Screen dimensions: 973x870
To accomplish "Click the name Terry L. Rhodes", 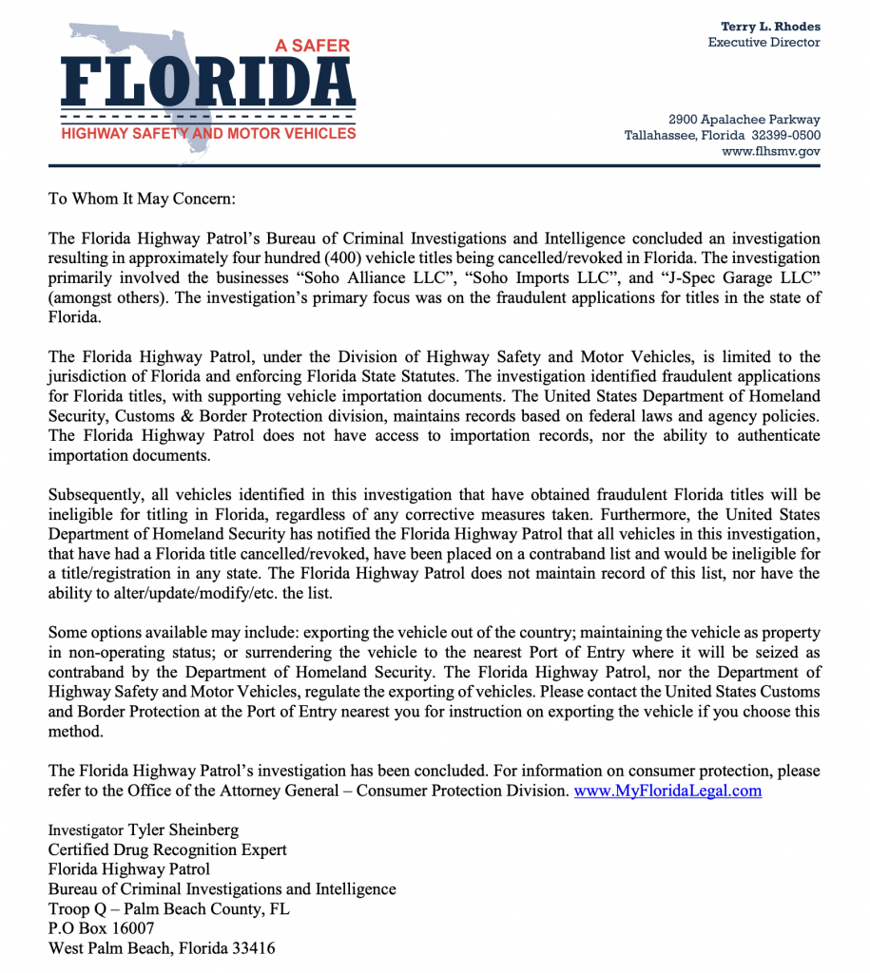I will point(770,27).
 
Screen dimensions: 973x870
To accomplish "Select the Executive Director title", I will point(764,43).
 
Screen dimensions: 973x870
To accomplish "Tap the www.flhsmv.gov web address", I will point(770,151).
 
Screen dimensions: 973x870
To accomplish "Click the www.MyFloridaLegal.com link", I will point(667,791).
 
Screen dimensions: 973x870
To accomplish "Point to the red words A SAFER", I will point(313,46).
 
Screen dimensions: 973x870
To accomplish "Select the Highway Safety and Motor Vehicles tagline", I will point(208,134).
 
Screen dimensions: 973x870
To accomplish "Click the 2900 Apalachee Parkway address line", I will point(744,120).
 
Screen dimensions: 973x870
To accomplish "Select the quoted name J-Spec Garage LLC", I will point(737,277).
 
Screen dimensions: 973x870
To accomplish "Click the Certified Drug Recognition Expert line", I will point(167,849).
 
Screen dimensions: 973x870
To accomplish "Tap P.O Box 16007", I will point(101,928).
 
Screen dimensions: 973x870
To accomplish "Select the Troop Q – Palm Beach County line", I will point(169,908).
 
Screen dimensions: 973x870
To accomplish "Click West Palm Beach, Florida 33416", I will point(162,948).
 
